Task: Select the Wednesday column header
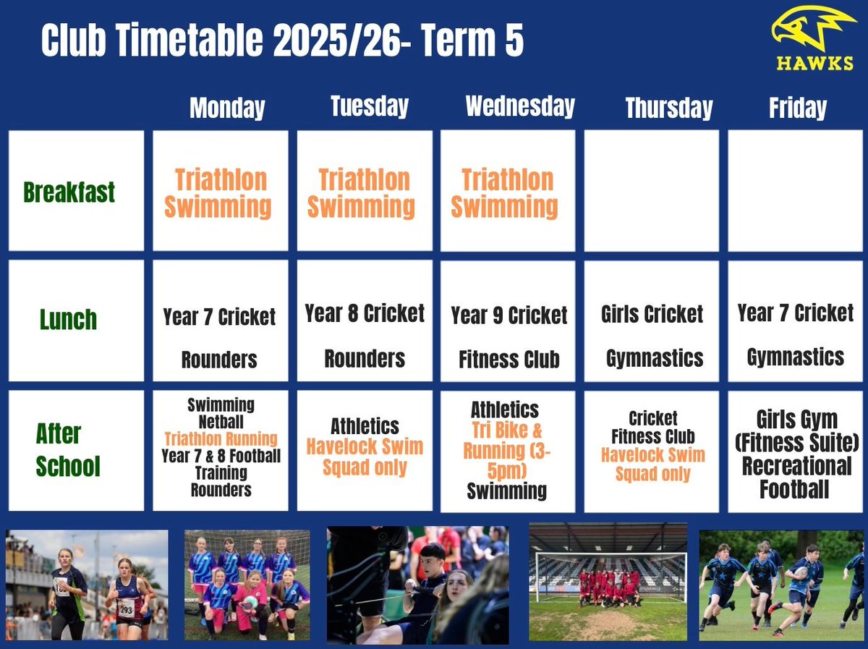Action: click(x=520, y=106)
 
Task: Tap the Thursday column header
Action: click(x=668, y=109)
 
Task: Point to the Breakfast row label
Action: click(x=69, y=192)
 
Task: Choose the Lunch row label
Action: click(x=68, y=320)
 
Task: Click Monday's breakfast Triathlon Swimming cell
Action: click(x=220, y=192)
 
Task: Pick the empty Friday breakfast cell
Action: click(x=796, y=191)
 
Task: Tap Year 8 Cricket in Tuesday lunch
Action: click(x=365, y=313)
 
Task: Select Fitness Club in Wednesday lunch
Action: click(x=509, y=360)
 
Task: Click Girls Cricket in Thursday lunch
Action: click(x=652, y=314)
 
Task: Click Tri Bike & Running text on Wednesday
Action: click(x=506, y=441)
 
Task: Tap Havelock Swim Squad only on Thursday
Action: click(x=652, y=465)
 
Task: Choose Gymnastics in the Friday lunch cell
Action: click(x=795, y=357)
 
